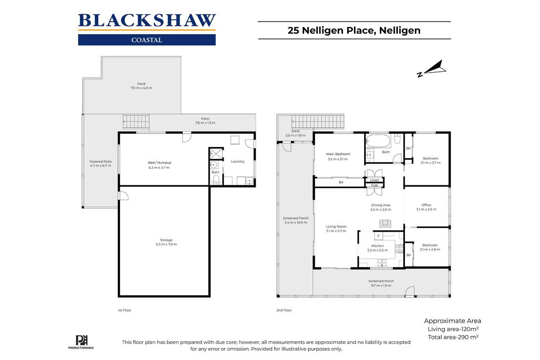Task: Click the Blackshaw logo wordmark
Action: tap(147, 21)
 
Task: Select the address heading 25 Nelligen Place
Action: tap(354, 30)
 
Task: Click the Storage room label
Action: tap(166, 240)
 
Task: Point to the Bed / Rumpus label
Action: tap(159, 162)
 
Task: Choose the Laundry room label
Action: tap(238, 161)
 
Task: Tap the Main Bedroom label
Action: tap(339, 154)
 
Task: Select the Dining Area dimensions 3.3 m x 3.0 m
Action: tap(381, 210)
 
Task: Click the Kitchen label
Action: tap(377, 246)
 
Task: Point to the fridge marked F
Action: tap(379, 235)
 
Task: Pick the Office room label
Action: tap(426, 205)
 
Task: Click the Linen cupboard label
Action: tap(375, 180)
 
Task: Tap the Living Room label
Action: tap(336, 227)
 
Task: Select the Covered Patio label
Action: tap(100, 161)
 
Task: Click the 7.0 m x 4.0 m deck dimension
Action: tap(141, 88)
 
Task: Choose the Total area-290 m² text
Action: tap(453, 337)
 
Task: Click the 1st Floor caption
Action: tap(124, 310)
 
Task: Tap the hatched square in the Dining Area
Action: tap(385, 224)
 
